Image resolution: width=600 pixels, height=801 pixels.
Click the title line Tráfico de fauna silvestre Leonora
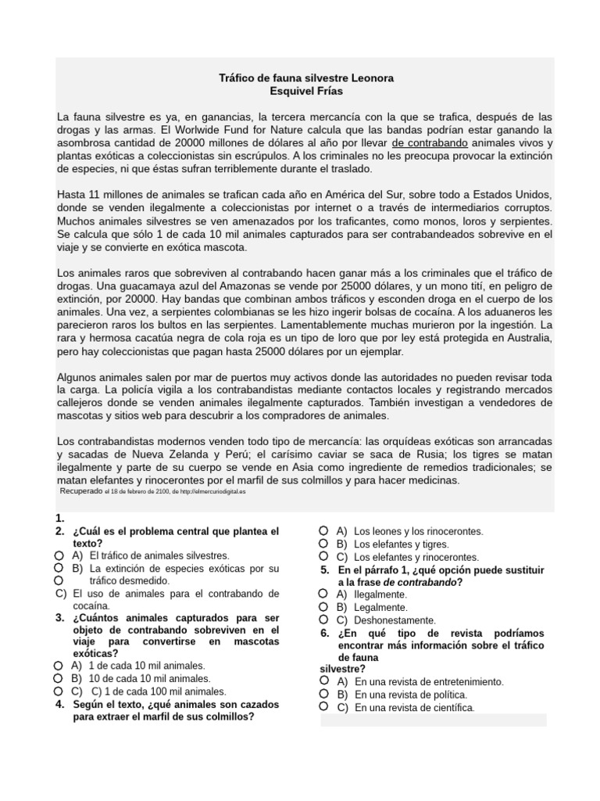305,78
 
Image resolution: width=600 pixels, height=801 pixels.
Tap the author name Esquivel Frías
305,92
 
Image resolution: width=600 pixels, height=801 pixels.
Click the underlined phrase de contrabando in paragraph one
430,143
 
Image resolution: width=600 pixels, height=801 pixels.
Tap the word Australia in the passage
524,337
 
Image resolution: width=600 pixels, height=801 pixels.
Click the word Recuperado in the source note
81,490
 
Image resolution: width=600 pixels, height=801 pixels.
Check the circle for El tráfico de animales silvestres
59,555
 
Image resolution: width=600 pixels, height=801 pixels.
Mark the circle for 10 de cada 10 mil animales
59,678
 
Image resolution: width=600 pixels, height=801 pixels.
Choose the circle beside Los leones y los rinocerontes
323,530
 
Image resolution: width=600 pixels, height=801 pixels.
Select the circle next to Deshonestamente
323,619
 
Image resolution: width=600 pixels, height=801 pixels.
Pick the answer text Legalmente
380,606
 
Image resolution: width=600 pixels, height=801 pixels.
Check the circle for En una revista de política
323,694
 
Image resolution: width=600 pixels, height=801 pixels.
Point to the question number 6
326,632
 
